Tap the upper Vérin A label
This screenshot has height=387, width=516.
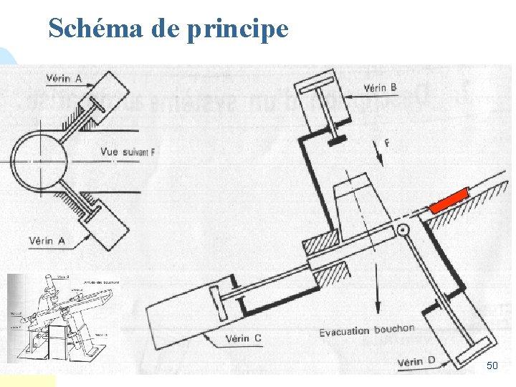(64, 77)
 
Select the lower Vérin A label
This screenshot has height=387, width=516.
(47, 241)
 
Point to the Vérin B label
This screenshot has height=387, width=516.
(381, 88)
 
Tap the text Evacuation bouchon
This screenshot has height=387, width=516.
(367, 330)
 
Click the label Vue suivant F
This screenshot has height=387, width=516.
(128, 152)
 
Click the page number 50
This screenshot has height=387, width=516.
(492, 366)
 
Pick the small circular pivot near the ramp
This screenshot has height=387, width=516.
(402, 230)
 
